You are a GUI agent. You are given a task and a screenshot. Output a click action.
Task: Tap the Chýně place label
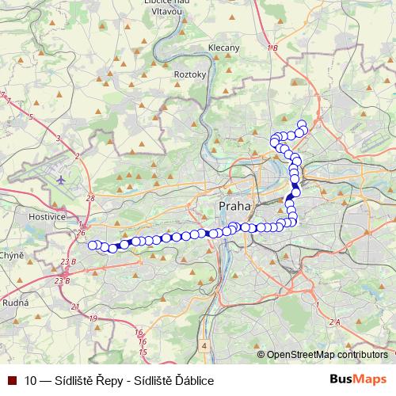11,255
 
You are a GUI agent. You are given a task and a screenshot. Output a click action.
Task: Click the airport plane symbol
62,180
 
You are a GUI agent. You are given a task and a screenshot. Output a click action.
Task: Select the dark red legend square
11,380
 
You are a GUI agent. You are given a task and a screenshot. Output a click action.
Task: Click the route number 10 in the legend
31,380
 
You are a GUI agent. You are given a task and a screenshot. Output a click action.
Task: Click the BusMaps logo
358,379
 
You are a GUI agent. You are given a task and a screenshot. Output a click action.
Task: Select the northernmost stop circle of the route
301,124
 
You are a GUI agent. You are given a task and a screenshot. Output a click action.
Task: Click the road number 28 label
90,198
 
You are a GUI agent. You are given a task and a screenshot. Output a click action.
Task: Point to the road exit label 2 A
335,322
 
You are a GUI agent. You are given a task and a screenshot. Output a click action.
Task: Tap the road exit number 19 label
93,318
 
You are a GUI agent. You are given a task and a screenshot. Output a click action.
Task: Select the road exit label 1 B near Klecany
273,49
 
